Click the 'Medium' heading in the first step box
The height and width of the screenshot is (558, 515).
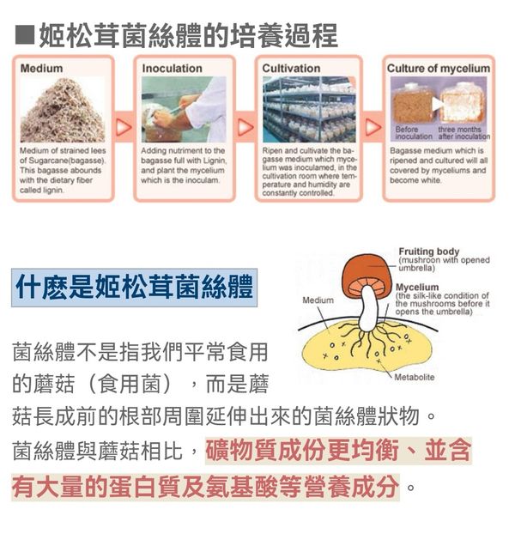coord(42,69)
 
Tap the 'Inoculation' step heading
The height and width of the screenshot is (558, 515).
coord(172,69)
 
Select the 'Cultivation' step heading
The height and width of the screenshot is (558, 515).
coord(291,69)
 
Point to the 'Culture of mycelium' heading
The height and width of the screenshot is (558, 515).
coord(439,69)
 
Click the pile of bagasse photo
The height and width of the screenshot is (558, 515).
coord(63,110)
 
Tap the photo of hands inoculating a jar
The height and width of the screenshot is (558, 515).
coord(184,110)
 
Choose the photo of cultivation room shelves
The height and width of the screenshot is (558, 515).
coord(309,110)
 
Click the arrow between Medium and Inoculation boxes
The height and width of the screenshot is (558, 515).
coord(124,127)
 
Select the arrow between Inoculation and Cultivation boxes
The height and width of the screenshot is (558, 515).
coord(245,127)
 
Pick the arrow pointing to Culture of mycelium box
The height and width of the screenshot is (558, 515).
coord(373,127)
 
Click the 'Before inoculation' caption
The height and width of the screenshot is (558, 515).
coord(413,133)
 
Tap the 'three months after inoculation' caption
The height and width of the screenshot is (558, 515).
coord(463,133)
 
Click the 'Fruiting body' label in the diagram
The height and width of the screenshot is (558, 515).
coord(429,252)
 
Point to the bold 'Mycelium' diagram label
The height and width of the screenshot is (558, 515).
coord(417,288)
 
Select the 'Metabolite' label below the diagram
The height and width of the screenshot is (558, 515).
coord(415,377)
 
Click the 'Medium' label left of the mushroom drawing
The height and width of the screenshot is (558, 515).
coord(318,300)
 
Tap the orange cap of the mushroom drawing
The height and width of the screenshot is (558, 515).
coord(366,274)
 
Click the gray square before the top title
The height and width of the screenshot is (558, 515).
coord(25,35)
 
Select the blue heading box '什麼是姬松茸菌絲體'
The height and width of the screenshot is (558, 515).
coord(134,288)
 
